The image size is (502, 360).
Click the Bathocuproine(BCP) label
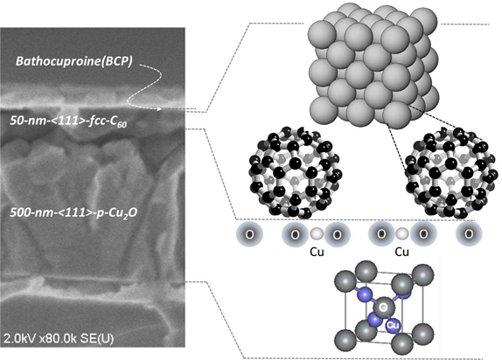click(x=74, y=61)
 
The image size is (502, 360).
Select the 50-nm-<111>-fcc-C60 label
click(x=68, y=121)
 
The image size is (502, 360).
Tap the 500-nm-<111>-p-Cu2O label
click(x=73, y=212)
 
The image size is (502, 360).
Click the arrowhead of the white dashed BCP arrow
click(x=159, y=109)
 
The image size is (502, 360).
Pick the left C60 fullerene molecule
click(x=295, y=172)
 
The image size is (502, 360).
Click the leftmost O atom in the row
click(x=250, y=234)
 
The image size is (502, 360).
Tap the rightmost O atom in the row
click(x=469, y=234)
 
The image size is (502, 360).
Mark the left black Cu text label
click(x=317, y=253)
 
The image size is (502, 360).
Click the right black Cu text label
click(x=401, y=253)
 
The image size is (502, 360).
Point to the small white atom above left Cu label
click(x=317, y=233)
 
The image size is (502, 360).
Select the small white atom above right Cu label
click(x=401, y=233)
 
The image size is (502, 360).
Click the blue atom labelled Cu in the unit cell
click(x=393, y=325)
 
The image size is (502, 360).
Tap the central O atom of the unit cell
click(x=383, y=308)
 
